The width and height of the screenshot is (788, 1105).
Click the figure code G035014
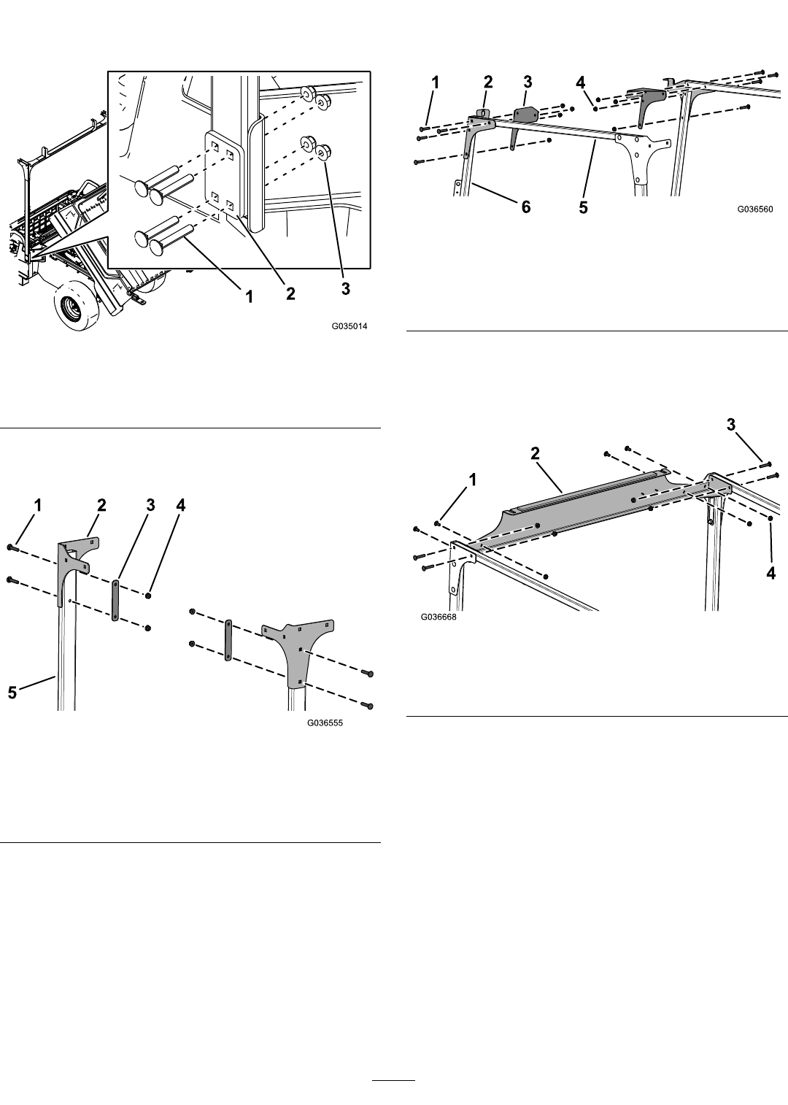(349, 326)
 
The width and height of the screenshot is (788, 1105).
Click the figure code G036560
(755, 209)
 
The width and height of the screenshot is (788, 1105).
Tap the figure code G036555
(325, 723)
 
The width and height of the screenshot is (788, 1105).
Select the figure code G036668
(439, 617)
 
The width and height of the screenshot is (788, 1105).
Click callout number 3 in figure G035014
(346, 288)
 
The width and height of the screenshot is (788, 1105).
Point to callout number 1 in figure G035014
(250, 296)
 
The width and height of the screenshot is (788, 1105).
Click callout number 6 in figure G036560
(526, 207)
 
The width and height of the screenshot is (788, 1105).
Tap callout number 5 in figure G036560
(584, 208)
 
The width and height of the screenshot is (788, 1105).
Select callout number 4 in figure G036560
(582, 82)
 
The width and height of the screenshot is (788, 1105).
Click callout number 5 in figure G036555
(12, 693)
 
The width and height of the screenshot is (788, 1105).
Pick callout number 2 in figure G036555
(101, 505)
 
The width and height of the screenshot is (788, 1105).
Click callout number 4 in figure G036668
(770, 573)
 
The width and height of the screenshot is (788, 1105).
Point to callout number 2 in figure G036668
(535, 453)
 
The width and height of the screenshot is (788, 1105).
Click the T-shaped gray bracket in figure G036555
(299, 650)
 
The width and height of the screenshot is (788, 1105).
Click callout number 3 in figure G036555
(150, 505)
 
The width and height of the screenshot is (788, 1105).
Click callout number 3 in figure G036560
(528, 82)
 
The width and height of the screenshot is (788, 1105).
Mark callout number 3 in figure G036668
(731, 424)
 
